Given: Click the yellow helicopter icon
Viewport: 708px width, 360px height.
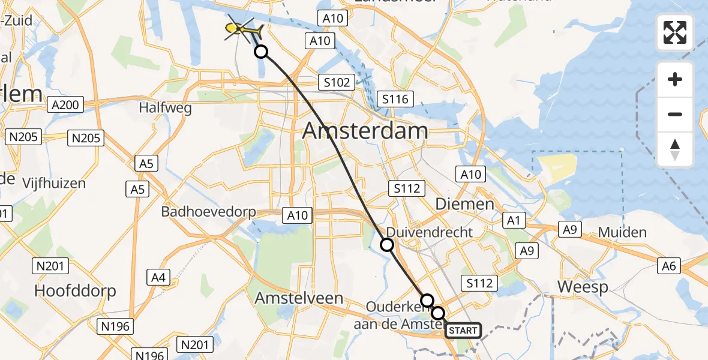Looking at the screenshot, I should coord(242,28).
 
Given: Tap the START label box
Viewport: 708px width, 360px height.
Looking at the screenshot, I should coord(463,330).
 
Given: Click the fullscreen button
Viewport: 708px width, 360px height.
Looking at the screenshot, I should coord(675,32).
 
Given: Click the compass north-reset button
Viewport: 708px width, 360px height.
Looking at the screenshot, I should coord(675,149).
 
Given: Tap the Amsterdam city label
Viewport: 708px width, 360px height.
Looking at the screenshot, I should coord(365,130).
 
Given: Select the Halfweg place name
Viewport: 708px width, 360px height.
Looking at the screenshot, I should coord(164,108).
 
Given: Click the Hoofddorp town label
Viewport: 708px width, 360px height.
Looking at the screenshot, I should coord(75,290).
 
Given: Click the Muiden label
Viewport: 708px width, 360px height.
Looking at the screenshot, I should coord(622,232).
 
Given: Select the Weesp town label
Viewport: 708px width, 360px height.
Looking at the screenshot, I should coord(582,287).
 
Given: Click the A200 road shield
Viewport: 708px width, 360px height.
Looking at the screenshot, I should coord(64,105).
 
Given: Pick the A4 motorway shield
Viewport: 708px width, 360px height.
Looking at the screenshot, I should coord(158,277).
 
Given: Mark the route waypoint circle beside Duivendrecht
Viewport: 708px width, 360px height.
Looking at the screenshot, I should coord(387,244).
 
